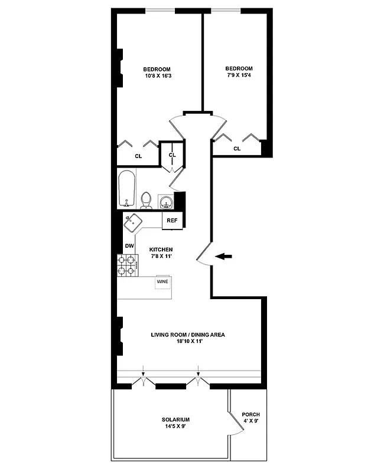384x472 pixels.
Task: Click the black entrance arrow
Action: click(x=224, y=256)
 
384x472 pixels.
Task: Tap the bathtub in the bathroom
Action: click(x=127, y=189)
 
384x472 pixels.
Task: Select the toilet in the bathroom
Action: click(x=147, y=201)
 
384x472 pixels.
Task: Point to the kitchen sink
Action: click(x=133, y=222)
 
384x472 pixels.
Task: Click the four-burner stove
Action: click(x=127, y=265)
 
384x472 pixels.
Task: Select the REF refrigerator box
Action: click(x=172, y=221)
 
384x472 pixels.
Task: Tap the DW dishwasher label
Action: click(x=129, y=246)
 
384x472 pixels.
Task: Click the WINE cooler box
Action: click(x=162, y=282)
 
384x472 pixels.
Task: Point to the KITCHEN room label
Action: click(x=161, y=250)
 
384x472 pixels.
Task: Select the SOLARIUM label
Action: click(x=174, y=419)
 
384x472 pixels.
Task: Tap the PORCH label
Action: click(x=250, y=415)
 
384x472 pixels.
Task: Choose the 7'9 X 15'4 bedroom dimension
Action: click(x=239, y=76)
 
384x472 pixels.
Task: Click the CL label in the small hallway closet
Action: click(x=173, y=155)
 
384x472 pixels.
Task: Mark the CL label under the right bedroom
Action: click(x=237, y=149)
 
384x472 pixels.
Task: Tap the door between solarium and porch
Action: click(x=235, y=424)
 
